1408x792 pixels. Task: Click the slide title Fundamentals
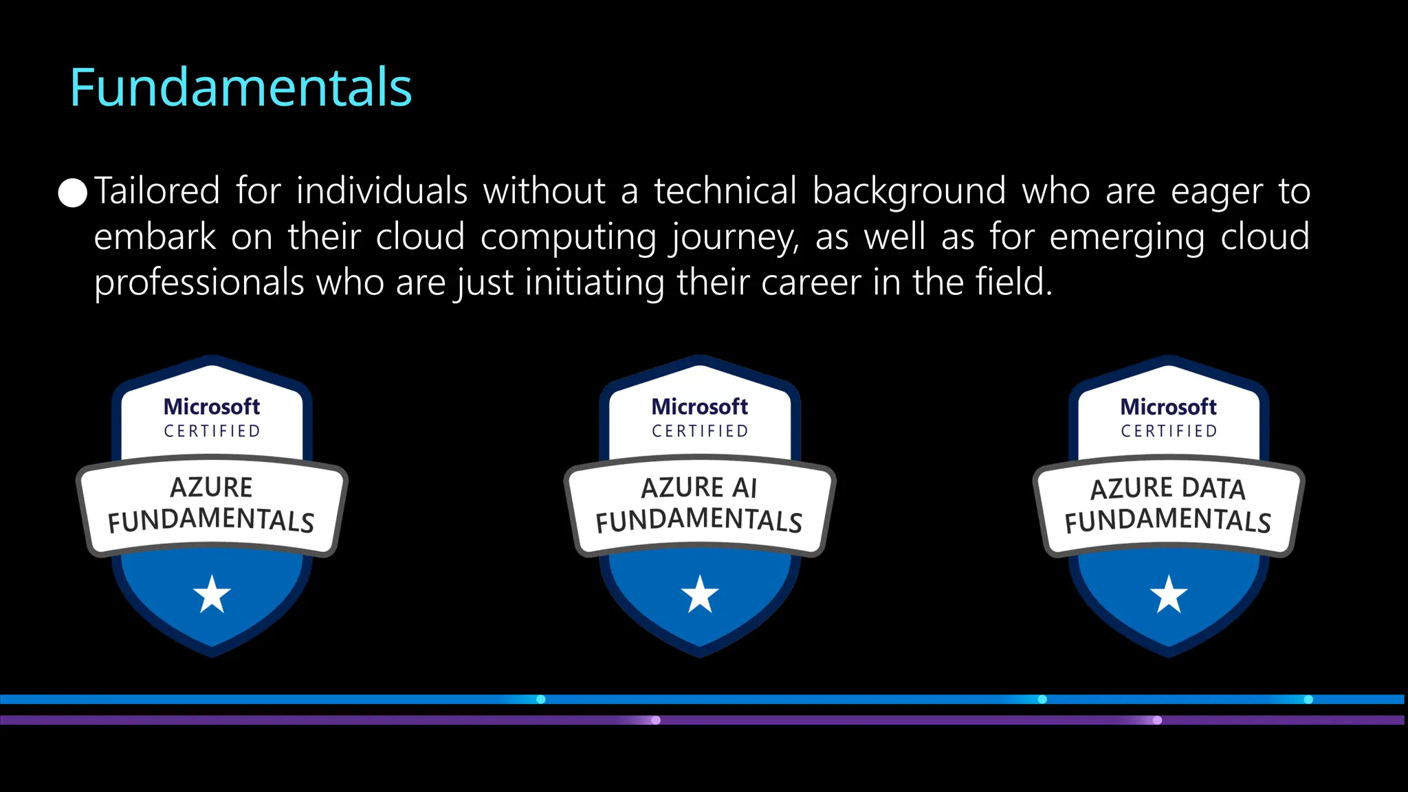[241, 88]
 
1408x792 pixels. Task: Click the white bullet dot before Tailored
[73, 193]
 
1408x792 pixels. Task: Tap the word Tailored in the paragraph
[157, 191]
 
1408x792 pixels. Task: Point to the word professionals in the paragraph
[199, 283]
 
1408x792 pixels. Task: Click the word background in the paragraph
[909, 191]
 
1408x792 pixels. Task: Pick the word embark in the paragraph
[155, 237]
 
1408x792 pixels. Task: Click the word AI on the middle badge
[744, 488]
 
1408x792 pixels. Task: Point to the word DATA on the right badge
[1213, 488]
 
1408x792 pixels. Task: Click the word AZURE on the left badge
[211, 487]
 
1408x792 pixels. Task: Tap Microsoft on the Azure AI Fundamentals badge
[699, 407]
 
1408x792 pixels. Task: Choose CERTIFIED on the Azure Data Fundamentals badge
[1169, 431]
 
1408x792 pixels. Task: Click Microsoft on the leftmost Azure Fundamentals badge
[212, 407]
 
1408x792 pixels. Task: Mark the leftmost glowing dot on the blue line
[541, 699]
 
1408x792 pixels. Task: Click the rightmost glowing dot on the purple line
[1158, 720]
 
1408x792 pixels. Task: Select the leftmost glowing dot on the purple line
[656, 720]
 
